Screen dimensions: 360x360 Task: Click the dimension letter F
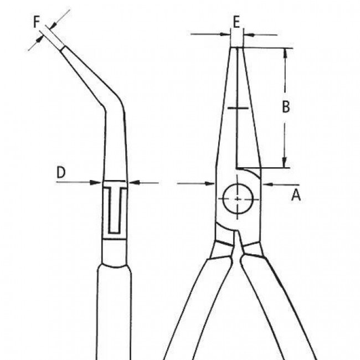point(37,23)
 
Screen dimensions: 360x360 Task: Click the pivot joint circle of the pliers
point(237,198)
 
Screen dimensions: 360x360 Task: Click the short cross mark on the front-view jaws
point(236,107)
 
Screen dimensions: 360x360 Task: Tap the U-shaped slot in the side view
point(114,210)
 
